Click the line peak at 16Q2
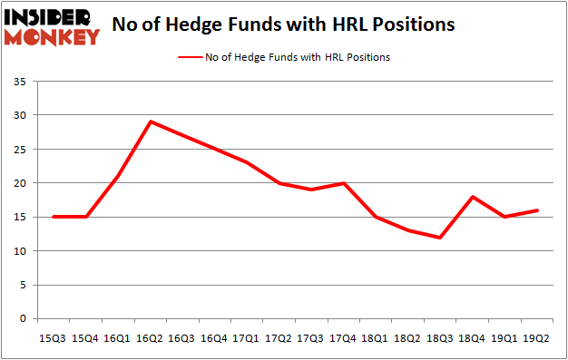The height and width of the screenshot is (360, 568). pos(151,122)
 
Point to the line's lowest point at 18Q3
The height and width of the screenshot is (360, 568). pos(440,238)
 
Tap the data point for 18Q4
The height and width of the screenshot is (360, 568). pos(473,197)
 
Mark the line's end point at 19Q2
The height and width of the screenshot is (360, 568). pos(537,210)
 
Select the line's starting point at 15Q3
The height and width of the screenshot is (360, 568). pos(54,217)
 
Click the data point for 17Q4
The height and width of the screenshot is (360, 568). pos(344,183)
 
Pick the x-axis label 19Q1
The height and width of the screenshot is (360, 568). pos(504,337)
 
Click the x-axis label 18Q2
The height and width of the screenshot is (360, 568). pos(408,337)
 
